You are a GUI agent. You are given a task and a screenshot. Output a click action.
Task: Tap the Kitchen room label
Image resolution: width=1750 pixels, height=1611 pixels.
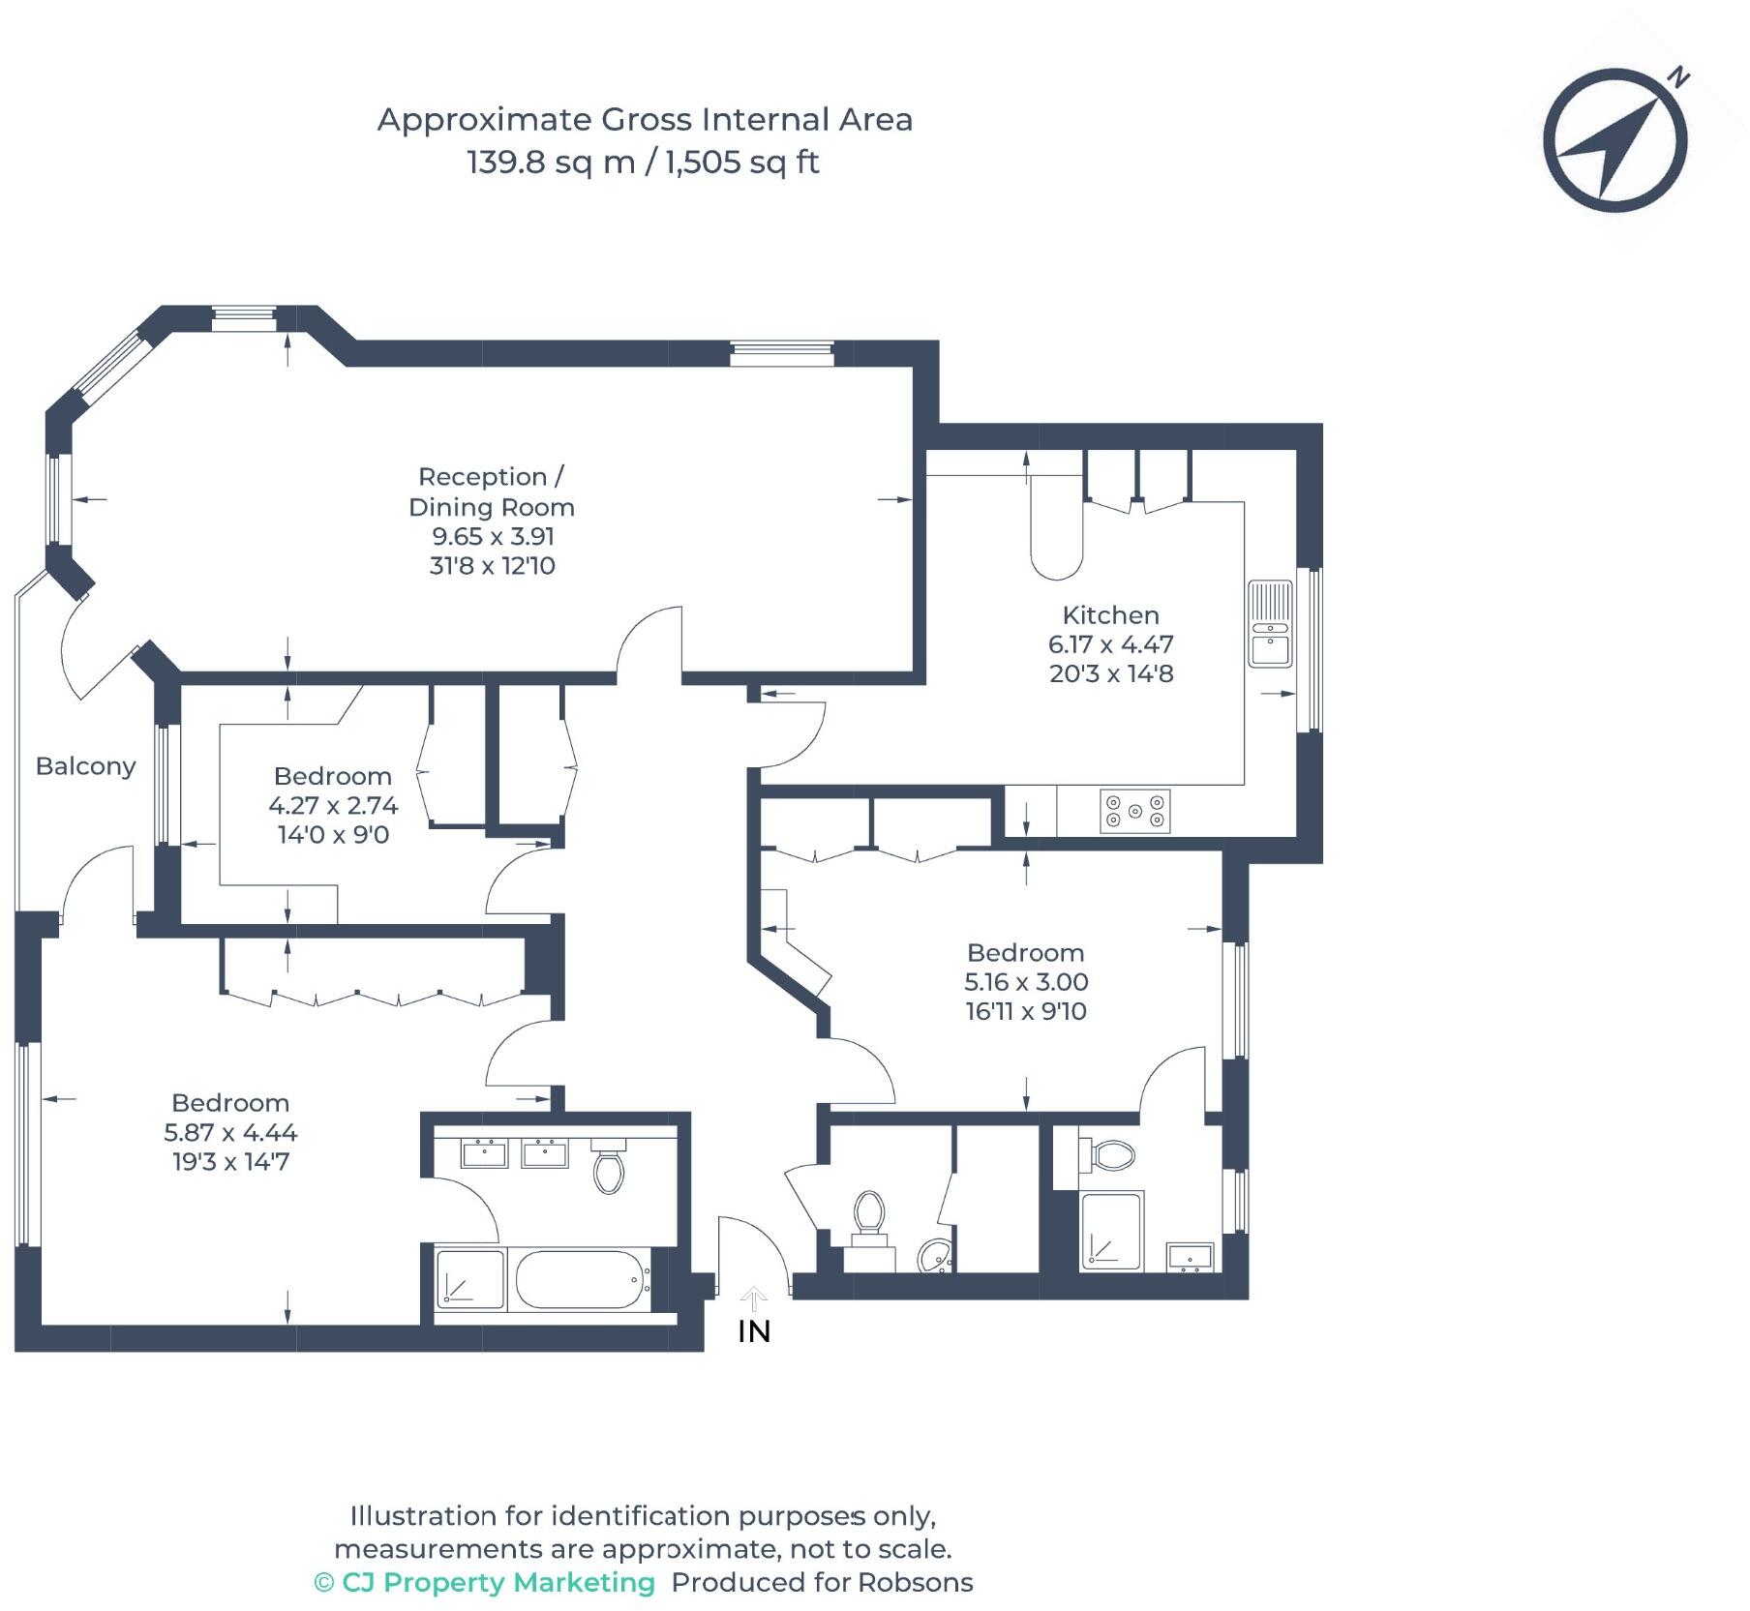point(1110,615)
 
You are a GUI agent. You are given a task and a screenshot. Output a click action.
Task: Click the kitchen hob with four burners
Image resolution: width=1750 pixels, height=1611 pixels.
point(1134,811)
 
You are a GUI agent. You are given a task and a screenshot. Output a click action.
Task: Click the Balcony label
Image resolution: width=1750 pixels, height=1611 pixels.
point(85,766)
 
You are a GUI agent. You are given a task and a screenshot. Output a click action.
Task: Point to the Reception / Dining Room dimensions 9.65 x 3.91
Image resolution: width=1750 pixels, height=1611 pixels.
point(493,537)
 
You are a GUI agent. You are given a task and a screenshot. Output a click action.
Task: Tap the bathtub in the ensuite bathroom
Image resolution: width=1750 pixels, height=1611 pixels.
point(579,1279)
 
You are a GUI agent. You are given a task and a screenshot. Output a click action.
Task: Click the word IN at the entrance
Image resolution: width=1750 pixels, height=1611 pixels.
point(754,1331)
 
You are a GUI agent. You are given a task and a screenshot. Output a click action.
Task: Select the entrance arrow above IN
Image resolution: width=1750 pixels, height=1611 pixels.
point(754,1298)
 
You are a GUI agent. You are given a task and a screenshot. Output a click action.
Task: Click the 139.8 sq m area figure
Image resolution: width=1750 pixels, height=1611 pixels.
point(550,162)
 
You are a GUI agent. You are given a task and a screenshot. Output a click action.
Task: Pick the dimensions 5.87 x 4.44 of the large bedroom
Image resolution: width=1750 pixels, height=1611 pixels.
point(230,1132)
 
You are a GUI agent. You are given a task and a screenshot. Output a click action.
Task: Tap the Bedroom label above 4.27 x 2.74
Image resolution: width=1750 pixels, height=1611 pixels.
point(333,776)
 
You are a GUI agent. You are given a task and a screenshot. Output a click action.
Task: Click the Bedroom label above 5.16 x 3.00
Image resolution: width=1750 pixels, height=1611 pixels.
point(1025,953)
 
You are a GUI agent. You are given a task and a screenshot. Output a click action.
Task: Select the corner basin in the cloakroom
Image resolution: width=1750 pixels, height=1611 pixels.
point(935,1256)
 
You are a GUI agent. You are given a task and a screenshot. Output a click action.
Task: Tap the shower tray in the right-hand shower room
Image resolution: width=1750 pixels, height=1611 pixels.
point(1111,1232)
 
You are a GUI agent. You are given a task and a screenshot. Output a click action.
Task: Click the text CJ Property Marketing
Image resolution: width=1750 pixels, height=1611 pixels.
point(498,1582)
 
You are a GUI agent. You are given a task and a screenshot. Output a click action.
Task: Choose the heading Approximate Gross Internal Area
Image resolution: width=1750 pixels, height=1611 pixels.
point(645,120)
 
